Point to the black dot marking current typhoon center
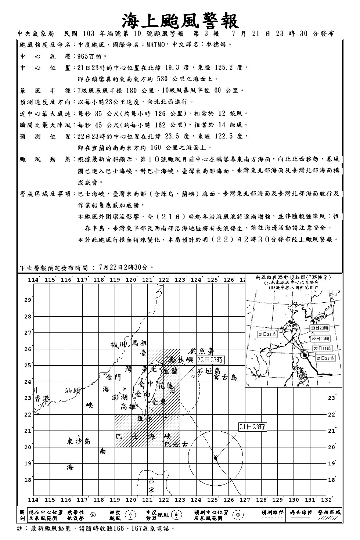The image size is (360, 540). click(x=216, y=458)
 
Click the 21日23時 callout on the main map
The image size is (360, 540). click(x=252, y=426)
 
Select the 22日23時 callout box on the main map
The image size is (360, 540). click(x=210, y=359)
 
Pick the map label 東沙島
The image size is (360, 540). click(x=79, y=441)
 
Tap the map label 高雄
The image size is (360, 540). click(x=129, y=407)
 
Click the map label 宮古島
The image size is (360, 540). click(x=225, y=377)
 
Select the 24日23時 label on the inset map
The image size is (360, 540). click(x=267, y=334)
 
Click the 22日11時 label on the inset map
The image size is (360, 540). click(x=322, y=348)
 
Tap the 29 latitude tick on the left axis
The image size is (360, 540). click(x=28, y=300)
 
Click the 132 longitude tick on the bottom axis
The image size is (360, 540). click(x=327, y=500)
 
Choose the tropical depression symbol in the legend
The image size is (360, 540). click(x=93, y=515)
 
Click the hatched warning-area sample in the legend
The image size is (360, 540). click(x=329, y=518)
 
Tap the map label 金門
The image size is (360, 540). click(x=114, y=378)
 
